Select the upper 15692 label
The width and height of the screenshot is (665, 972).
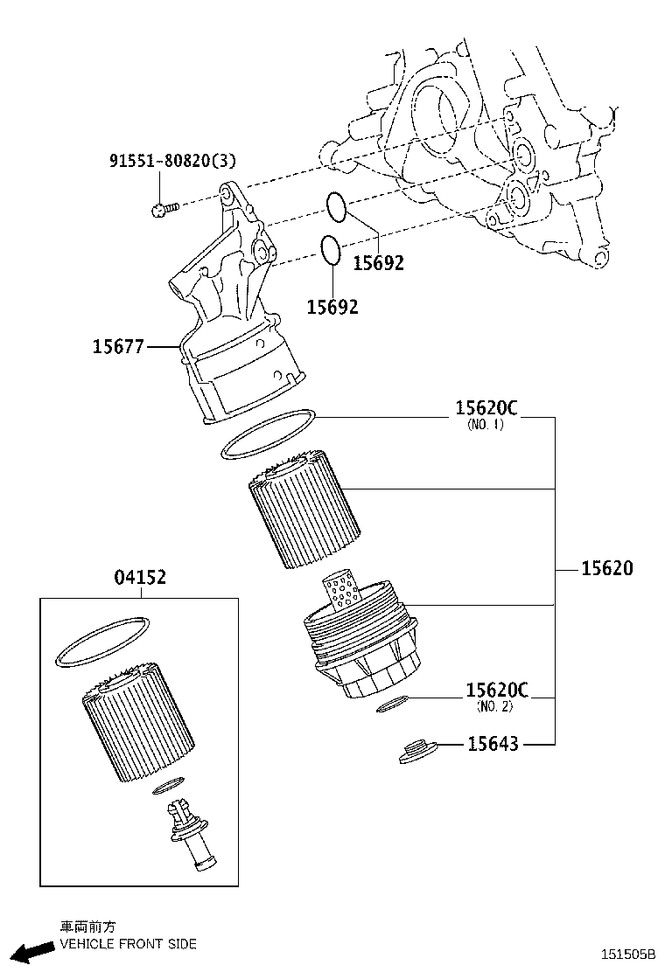click(378, 262)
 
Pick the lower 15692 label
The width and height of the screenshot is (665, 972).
click(332, 307)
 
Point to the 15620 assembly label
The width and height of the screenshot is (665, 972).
click(606, 569)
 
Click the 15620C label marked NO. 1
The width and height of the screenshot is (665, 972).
click(486, 408)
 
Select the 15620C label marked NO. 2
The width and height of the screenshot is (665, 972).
click(495, 690)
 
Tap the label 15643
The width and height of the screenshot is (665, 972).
click(493, 744)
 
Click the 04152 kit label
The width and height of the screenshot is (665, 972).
click(140, 577)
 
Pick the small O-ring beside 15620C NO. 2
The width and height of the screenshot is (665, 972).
click(392, 704)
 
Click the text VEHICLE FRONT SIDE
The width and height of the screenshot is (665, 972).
click(128, 944)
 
